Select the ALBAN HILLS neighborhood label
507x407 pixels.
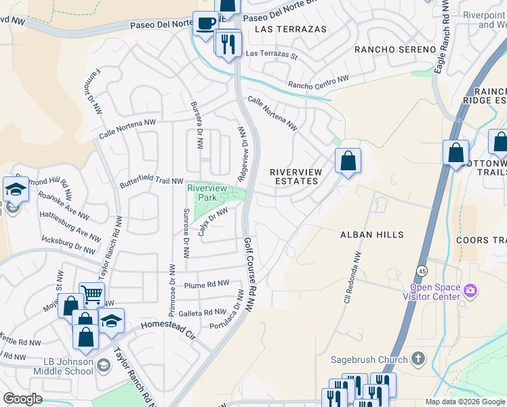[x=371, y=235]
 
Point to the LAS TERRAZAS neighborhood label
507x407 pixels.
[x=290, y=29]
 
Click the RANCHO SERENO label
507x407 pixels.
[x=394, y=50]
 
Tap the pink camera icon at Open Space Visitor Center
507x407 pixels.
[x=471, y=291]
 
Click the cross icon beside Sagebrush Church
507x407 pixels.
[x=418, y=359]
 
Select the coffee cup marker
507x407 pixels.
[x=205, y=23]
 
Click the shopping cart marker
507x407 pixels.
[x=92, y=294]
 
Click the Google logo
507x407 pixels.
[x=22, y=399]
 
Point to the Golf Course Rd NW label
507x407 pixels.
[x=249, y=274]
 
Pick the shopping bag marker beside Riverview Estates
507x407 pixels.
[x=348, y=161]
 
